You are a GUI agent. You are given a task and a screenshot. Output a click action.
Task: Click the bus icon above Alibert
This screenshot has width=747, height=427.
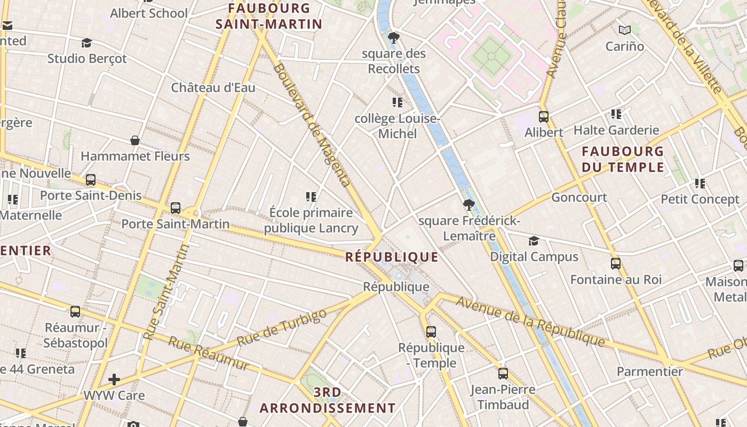543,116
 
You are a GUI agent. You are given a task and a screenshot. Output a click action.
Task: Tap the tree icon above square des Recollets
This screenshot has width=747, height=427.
394,38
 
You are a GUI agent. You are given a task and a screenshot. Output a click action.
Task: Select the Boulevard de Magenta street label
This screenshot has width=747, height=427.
312,126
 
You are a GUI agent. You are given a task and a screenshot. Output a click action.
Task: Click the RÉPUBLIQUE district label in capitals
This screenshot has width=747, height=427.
392,257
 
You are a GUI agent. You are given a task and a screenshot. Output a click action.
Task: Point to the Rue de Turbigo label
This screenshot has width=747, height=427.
281,327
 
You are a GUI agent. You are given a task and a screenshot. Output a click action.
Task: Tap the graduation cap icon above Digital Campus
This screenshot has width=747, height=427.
534,241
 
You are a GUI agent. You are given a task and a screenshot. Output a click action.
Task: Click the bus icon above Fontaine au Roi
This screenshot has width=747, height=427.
616,264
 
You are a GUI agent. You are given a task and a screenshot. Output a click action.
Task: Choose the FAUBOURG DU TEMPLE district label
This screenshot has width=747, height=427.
623,159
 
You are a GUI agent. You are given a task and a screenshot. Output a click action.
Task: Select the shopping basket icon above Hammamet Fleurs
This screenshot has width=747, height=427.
135,140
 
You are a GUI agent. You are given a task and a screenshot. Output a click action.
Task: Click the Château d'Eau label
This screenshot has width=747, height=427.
213,88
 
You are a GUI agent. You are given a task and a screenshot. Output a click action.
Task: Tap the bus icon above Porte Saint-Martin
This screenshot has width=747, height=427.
176,208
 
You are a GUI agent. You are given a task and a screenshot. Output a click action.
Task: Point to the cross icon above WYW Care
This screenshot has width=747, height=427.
114,379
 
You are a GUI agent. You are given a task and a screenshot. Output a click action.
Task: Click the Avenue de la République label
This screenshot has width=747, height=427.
530,320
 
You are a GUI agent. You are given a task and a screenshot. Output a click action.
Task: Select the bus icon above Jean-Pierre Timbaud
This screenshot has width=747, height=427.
503,374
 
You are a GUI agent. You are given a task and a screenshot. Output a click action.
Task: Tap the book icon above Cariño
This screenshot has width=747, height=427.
624,30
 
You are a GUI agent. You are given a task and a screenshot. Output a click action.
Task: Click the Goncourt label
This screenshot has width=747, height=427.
579,197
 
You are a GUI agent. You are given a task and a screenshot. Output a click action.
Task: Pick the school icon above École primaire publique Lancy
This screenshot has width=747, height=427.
311,197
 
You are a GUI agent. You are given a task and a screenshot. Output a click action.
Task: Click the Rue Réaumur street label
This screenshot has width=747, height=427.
208,353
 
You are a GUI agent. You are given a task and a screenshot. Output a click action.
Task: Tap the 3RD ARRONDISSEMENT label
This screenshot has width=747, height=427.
328,400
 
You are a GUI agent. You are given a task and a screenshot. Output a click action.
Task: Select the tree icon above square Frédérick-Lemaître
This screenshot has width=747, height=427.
468,205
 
